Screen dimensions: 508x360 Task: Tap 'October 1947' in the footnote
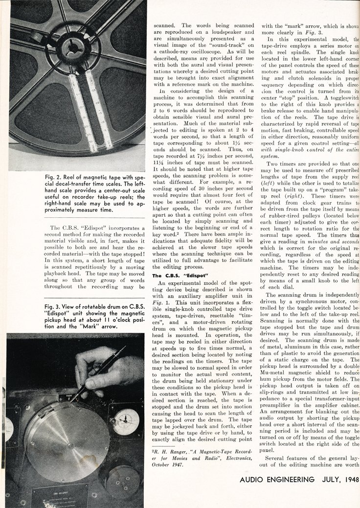tap(169, 464)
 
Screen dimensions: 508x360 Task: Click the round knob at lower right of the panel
tap(122, 482)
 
